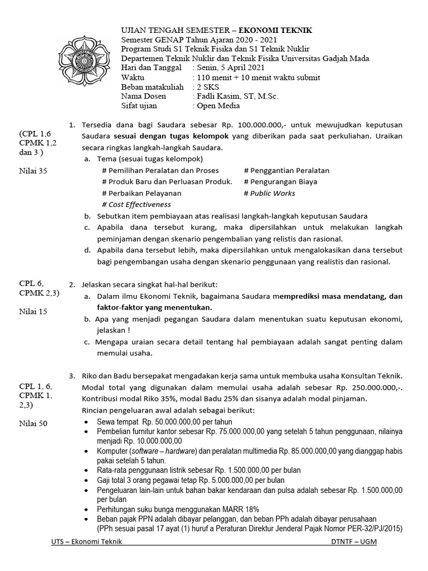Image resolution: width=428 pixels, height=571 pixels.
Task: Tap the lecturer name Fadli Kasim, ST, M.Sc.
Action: (x=236, y=96)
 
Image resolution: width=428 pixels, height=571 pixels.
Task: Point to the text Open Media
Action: (x=216, y=106)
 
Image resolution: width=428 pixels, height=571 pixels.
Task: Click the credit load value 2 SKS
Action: (x=207, y=87)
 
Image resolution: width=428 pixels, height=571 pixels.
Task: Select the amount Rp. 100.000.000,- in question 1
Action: (x=267, y=125)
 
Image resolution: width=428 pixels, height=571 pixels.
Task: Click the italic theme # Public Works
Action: (x=270, y=193)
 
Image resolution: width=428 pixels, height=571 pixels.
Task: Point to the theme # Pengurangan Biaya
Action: (x=280, y=182)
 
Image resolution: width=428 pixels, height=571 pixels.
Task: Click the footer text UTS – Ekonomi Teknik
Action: (x=85, y=542)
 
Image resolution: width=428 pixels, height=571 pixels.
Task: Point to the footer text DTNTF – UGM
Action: (x=353, y=542)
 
